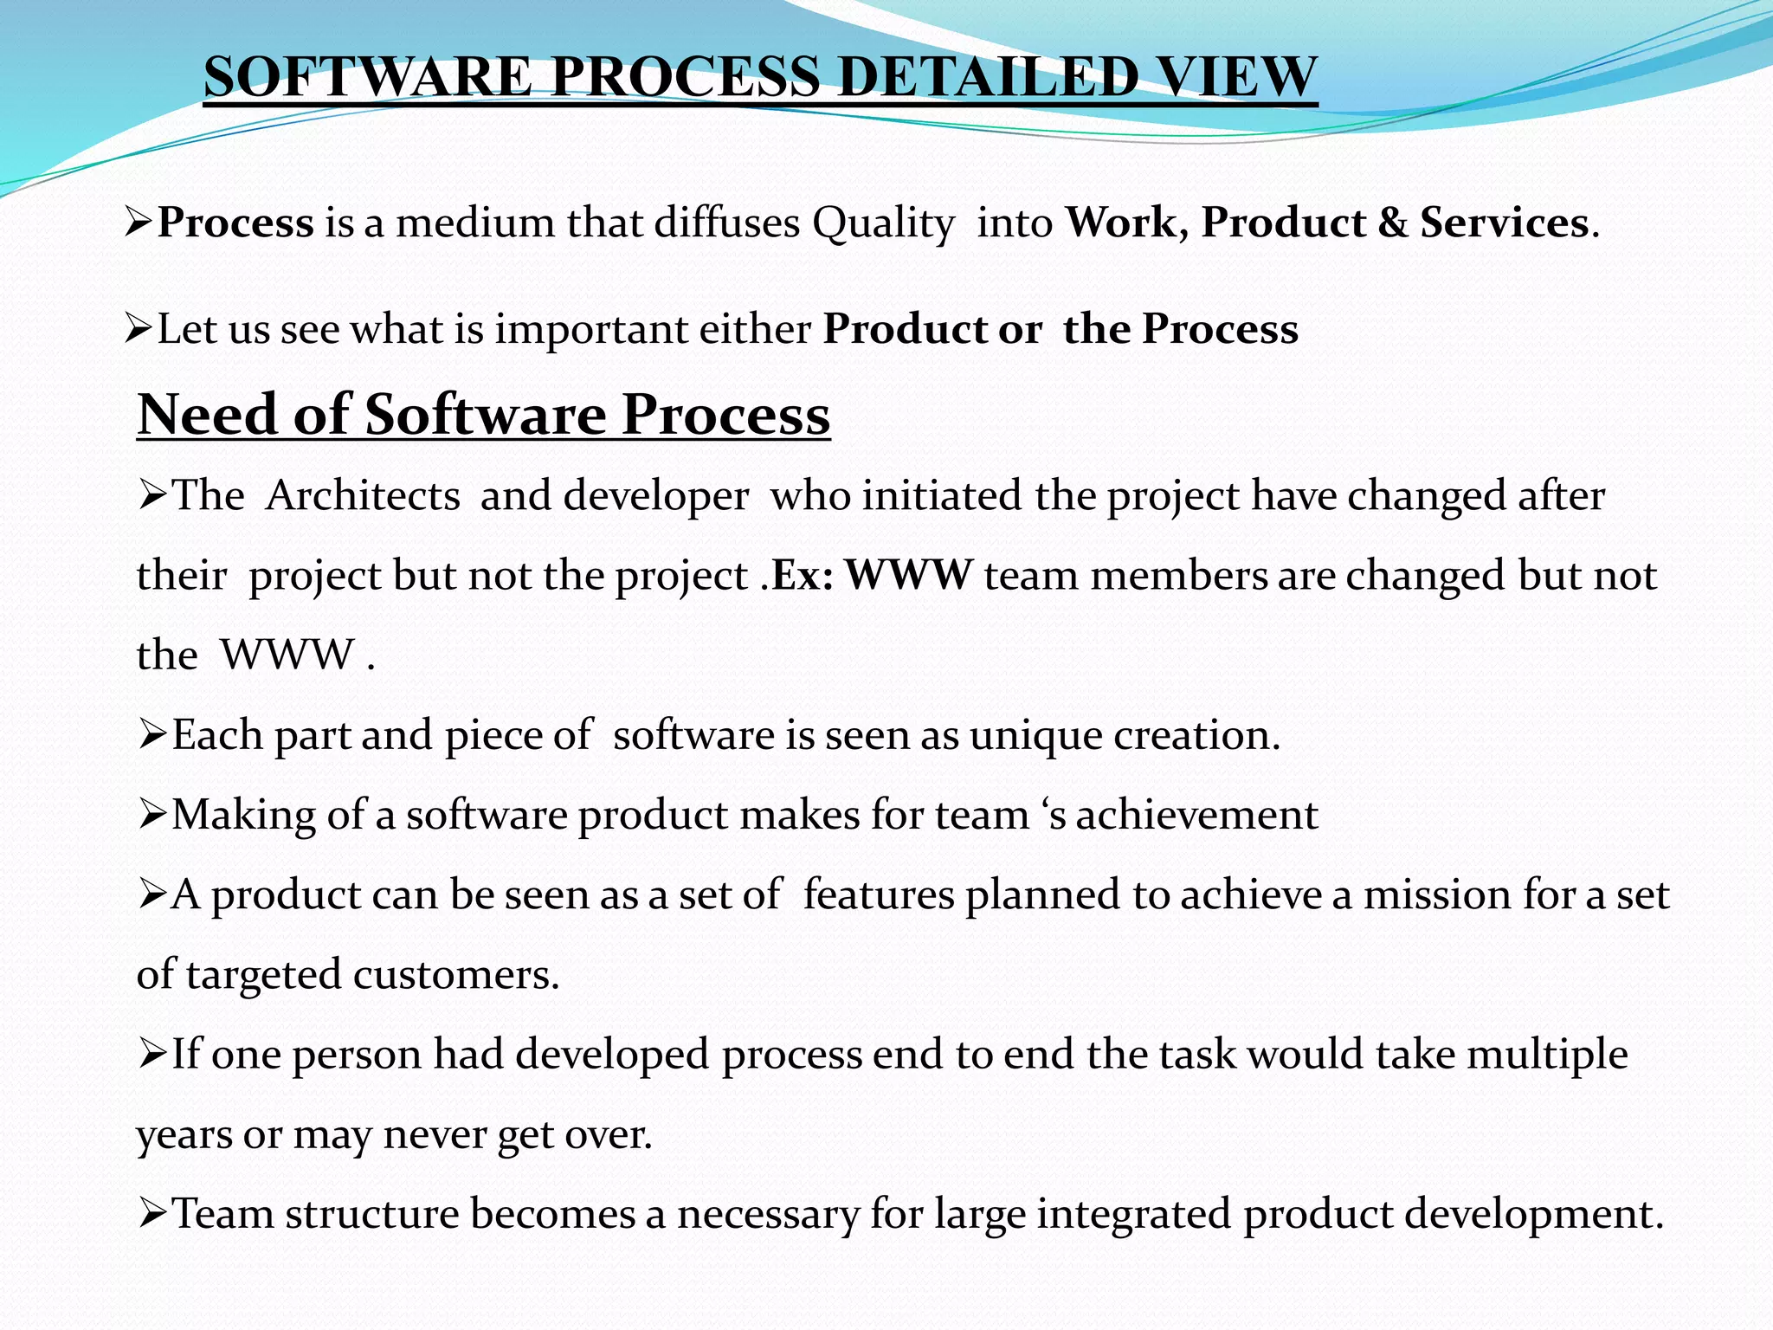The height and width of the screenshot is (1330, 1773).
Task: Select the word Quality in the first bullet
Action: point(882,224)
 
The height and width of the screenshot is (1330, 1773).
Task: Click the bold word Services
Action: point(1504,223)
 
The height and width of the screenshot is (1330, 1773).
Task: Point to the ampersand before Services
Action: point(1392,223)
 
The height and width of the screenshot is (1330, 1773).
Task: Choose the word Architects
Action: point(363,496)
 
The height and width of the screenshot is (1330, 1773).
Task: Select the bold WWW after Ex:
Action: point(908,575)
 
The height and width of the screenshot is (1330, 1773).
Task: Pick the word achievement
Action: point(1196,815)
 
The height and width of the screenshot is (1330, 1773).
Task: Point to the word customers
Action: point(456,975)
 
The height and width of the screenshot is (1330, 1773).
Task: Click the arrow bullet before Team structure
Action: point(152,1214)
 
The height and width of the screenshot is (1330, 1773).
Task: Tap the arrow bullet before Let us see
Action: point(138,329)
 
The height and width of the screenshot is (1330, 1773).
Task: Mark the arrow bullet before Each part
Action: point(152,736)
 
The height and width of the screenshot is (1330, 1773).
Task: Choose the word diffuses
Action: point(726,223)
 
